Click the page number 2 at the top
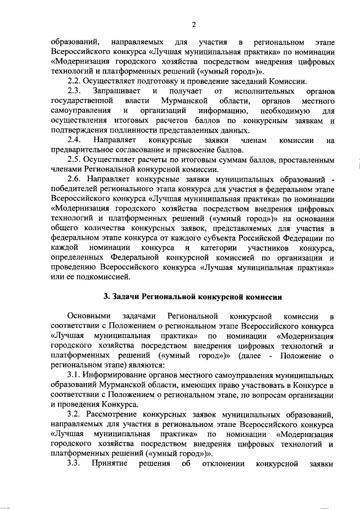(x=193, y=24)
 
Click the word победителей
(x=76, y=188)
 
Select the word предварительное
(x=84, y=150)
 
